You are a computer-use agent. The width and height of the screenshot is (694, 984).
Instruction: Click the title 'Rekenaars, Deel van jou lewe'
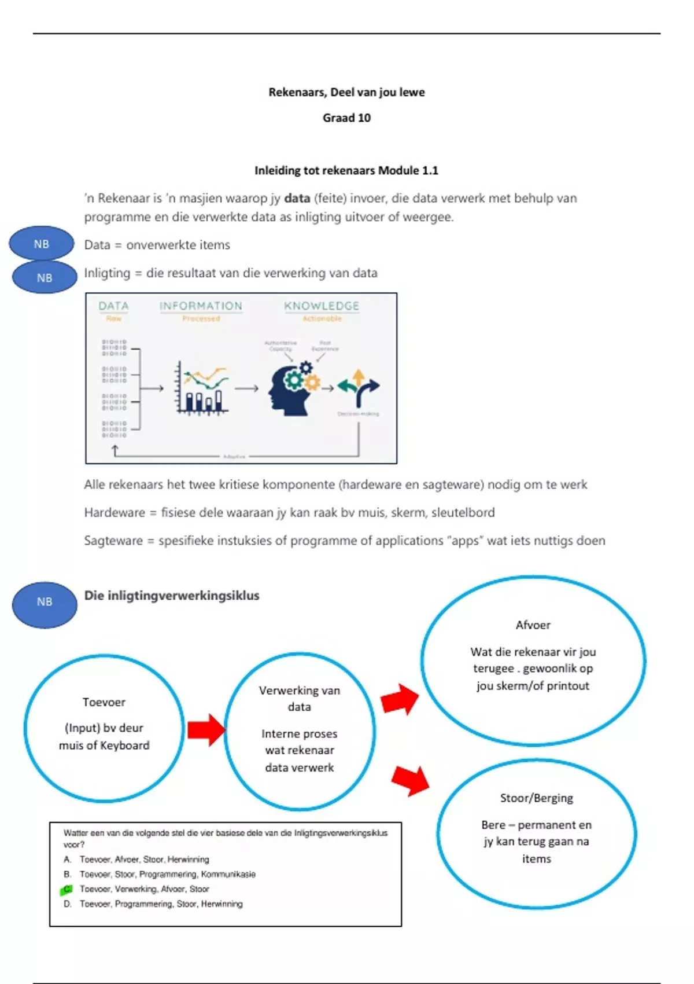tap(346, 92)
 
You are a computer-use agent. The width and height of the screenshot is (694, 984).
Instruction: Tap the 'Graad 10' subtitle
tap(346, 118)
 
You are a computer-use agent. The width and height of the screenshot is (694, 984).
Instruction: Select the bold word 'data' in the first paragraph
tap(297, 198)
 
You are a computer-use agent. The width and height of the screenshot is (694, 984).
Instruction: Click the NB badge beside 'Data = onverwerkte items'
tap(42, 244)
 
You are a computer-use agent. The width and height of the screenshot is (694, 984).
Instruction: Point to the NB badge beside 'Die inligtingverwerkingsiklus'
tap(45, 602)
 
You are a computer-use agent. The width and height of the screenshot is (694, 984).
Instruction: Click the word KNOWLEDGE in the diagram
tap(322, 306)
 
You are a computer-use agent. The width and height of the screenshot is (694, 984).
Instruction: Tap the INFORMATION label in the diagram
tap(201, 306)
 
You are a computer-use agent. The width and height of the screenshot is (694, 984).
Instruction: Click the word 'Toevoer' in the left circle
tap(104, 702)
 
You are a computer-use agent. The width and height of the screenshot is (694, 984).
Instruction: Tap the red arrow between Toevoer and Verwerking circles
tap(206, 729)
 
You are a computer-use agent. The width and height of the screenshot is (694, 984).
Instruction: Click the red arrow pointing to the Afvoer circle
tap(400, 699)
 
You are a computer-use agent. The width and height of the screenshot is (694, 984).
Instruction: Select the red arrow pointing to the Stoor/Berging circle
tap(410, 780)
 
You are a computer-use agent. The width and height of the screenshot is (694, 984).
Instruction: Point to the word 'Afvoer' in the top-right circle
tap(533, 625)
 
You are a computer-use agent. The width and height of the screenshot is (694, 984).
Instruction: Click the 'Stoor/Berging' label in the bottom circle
tap(536, 798)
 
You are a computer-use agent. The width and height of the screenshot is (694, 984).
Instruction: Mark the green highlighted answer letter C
tap(67, 889)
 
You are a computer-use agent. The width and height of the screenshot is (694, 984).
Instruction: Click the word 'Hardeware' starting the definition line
tap(115, 512)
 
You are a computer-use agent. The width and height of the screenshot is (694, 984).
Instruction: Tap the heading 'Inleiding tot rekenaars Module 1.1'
tap(346, 170)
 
